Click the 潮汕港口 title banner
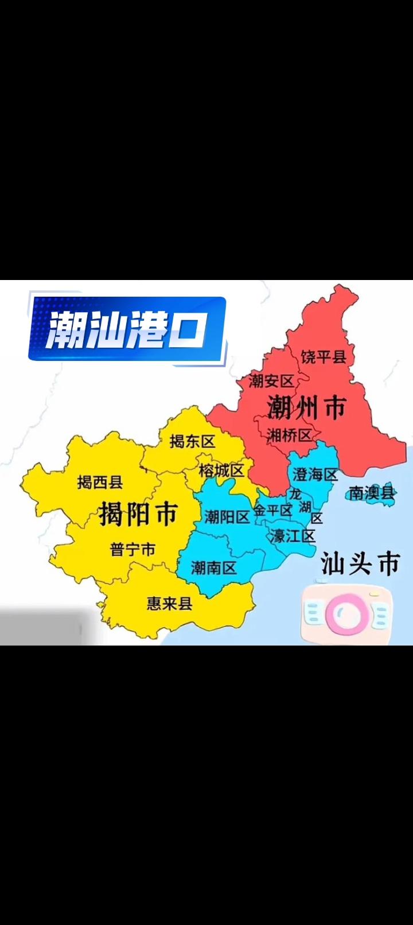pyautogui.click(x=127, y=329)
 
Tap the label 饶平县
pyautogui.click(x=324, y=357)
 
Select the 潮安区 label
pyautogui.click(x=271, y=380)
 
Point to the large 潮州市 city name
pyautogui.click(x=306, y=407)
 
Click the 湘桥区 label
pyautogui.click(x=289, y=435)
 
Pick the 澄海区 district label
pyautogui.click(x=315, y=475)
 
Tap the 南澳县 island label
pyautogui.click(x=372, y=492)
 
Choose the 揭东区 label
pyautogui.click(x=192, y=441)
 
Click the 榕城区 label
pyautogui.click(x=221, y=471)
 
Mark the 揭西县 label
pyautogui.click(x=100, y=482)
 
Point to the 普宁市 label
pyautogui.click(x=133, y=549)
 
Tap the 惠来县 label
pyautogui.click(x=169, y=603)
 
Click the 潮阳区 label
pyautogui.click(x=227, y=517)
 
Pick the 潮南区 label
pyautogui.click(x=213, y=568)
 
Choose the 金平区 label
pyautogui.click(x=272, y=510)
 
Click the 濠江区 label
pyautogui.click(x=293, y=537)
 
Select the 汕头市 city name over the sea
pyautogui.click(x=360, y=563)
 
